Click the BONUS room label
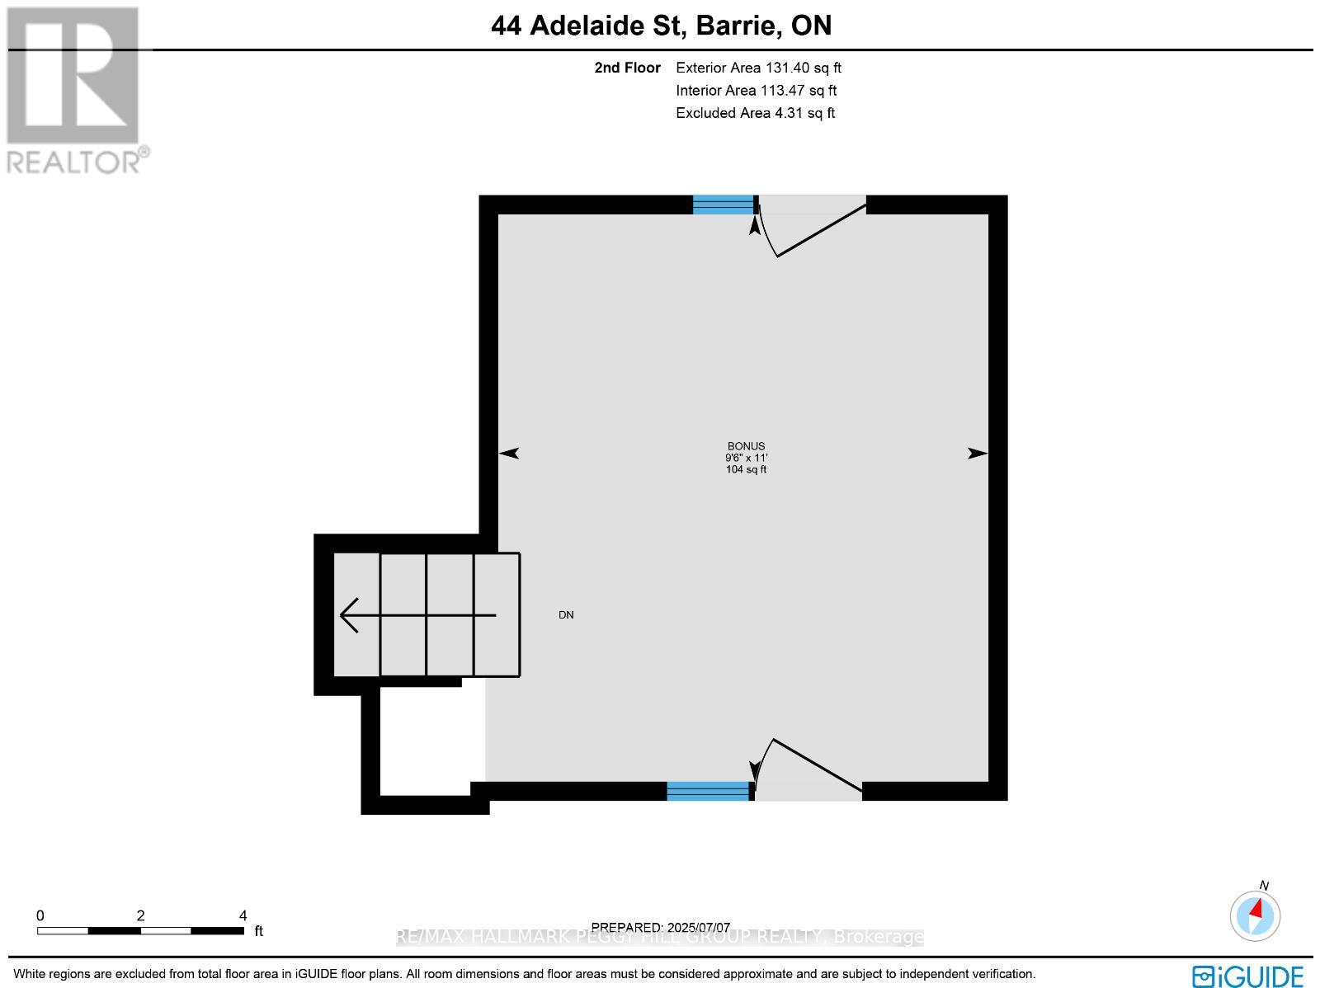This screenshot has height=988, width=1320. [x=746, y=446]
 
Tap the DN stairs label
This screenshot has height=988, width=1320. [x=566, y=615]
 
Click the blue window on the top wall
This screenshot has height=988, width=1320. [x=723, y=205]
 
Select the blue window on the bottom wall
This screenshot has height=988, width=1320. [x=708, y=791]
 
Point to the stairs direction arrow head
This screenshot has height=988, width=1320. [x=349, y=615]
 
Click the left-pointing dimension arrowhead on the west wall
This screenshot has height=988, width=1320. [x=509, y=453]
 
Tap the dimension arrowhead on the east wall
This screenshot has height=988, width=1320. [x=978, y=453]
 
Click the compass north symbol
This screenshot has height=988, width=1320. [x=1255, y=915]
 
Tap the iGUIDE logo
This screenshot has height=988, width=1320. [x=1247, y=976]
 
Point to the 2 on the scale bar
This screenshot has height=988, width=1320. [x=141, y=915]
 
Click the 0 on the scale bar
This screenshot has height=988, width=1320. [x=40, y=915]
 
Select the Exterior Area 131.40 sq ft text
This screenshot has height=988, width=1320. [x=758, y=68]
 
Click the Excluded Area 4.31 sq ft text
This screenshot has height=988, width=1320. [x=755, y=113]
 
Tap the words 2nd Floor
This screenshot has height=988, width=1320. [x=627, y=68]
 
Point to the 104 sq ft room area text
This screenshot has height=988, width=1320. [x=746, y=469]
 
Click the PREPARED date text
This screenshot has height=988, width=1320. [x=661, y=928]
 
